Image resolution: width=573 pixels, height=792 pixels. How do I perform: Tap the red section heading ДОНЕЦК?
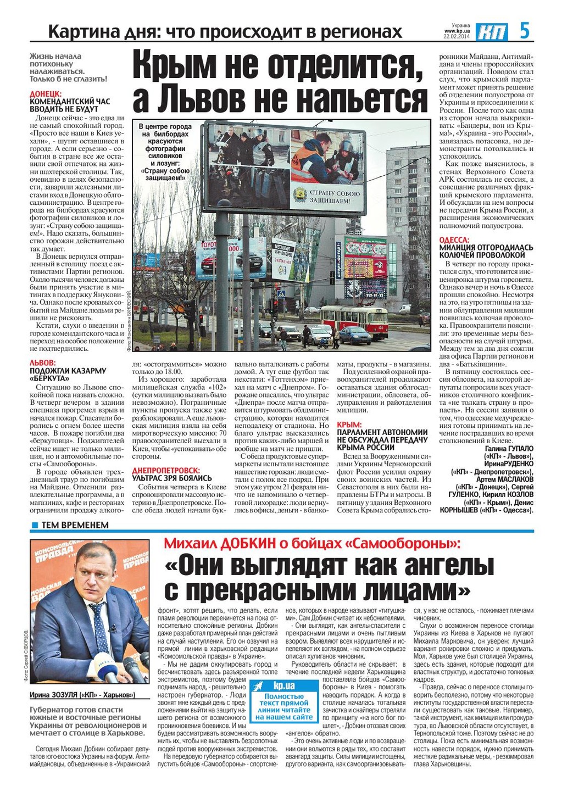coord(46,94)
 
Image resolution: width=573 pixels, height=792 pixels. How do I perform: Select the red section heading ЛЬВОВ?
coord(42,363)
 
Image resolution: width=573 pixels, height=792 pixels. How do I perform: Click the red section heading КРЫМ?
coord(349,425)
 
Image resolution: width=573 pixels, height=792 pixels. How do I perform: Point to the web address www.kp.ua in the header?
coord(457,31)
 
